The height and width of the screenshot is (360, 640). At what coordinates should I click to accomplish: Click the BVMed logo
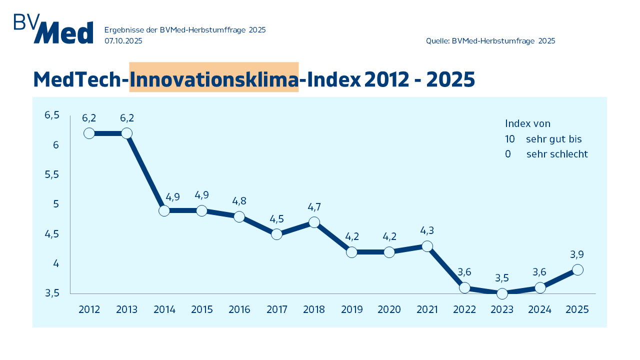tap(53, 29)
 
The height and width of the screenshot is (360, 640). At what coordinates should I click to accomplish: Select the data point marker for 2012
tap(89, 133)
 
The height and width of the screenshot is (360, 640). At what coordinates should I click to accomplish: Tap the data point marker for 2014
tap(164, 210)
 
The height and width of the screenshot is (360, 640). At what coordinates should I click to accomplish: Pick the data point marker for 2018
tap(314, 222)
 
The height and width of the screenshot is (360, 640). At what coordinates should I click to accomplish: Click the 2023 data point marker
tap(502, 293)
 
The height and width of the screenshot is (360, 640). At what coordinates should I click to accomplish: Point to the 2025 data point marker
tap(577, 269)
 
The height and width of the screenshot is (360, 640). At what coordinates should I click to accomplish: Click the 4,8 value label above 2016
tap(239, 201)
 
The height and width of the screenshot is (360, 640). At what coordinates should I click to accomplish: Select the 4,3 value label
tap(427, 230)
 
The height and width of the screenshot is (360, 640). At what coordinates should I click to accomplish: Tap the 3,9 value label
tap(577, 254)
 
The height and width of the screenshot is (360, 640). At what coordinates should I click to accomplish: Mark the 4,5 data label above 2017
tap(276, 218)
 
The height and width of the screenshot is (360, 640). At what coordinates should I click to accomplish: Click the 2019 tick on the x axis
tap(352, 309)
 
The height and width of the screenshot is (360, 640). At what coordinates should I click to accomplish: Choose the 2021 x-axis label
tap(427, 309)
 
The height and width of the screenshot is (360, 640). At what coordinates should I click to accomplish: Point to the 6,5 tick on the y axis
tap(52, 115)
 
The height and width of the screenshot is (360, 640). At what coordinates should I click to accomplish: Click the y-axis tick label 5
tap(56, 204)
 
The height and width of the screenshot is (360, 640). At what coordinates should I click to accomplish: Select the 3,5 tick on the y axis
tap(52, 293)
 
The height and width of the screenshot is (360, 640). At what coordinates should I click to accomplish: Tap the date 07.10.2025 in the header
tap(123, 41)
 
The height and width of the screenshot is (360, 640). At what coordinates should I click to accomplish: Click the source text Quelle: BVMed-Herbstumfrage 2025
tap(490, 41)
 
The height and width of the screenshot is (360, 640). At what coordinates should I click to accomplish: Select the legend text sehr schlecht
tap(557, 154)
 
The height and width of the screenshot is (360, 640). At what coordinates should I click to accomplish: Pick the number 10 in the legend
tap(510, 139)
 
